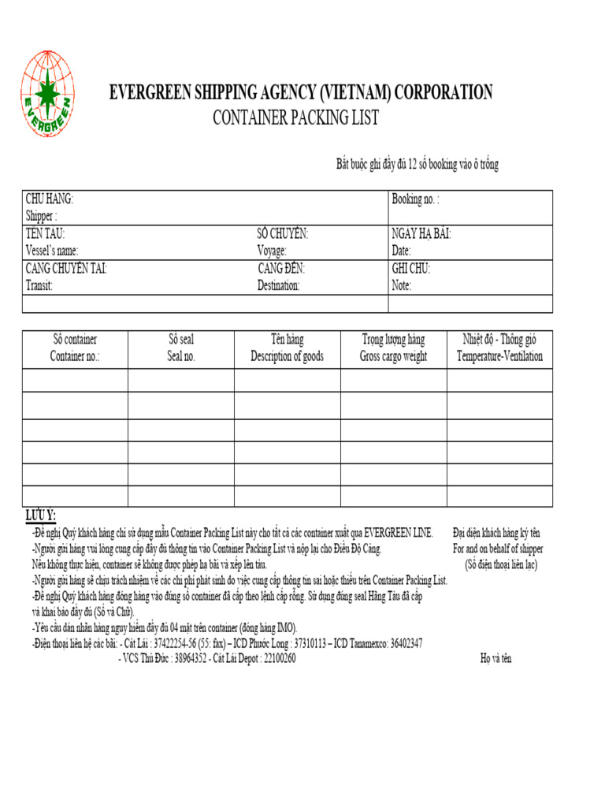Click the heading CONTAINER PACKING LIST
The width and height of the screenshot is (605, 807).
(295, 118)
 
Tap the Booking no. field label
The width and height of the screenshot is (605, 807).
(415, 199)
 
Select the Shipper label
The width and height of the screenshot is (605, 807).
(41, 216)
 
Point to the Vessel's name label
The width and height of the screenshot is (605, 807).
(52, 251)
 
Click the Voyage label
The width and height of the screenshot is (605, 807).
(277, 251)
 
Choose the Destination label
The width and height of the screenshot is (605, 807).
(278, 285)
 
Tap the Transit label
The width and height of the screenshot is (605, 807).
(39, 285)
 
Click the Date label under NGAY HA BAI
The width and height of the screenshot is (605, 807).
(401, 251)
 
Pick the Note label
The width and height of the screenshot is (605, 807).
(401, 285)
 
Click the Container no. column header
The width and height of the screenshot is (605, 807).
(75, 356)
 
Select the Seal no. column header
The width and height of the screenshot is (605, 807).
(180, 356)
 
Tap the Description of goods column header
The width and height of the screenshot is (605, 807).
(287, 356)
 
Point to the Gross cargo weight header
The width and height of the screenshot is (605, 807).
(393, 356)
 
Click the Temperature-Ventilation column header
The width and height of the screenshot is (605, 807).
(499, 356)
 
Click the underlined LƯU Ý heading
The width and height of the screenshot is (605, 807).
(40, 515)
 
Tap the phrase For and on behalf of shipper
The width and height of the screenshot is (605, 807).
(498, 549)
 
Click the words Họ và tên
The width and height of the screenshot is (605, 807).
(496, 659)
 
